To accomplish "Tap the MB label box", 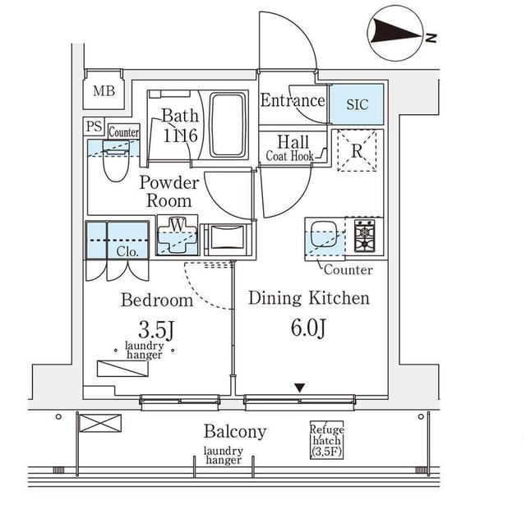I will coord(104,91).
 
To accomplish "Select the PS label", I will coord(93,128).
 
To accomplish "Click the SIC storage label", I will coord(358,104).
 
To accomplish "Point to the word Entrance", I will coord(293,101).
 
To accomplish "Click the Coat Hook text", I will coord(290,156).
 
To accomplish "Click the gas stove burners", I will coord(362,236).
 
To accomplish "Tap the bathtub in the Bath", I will coord(228,125).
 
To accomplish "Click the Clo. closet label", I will coord(127,251).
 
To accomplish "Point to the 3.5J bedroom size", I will coord(156,330).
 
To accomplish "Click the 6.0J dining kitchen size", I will coord(309,328).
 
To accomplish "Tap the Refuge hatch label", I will coord(326,441).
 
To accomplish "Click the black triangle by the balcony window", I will coord(300,388).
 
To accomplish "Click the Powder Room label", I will coord(168,191).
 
